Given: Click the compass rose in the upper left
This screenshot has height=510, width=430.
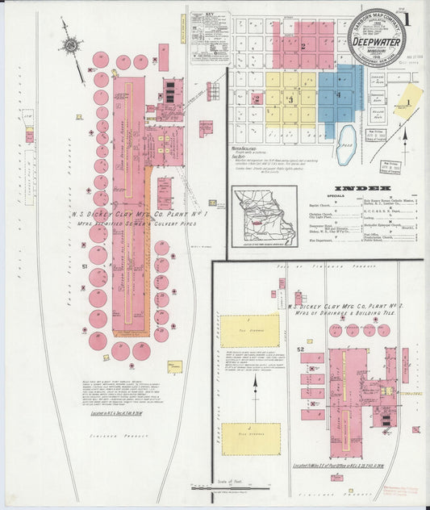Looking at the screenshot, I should click(72, 46).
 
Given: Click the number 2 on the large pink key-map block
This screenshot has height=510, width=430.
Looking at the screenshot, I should click(303, 46).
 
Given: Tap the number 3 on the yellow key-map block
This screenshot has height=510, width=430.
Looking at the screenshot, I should click(290, 99).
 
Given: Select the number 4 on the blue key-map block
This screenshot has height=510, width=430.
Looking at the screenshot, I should click(339, 95).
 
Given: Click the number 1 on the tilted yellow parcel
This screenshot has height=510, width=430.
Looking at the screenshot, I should click(408, 102).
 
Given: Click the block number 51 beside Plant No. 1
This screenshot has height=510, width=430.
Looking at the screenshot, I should click(84, 265).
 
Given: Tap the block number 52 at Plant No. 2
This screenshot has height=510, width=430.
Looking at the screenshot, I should click(300, 349).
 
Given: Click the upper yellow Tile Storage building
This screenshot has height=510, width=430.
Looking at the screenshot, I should click(250, 331).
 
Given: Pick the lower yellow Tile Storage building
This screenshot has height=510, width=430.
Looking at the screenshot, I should click(250, 439).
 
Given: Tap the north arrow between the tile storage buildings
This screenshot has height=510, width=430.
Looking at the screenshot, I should click(256, 385).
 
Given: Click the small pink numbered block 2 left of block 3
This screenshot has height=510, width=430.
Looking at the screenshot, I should click(257, 99).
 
